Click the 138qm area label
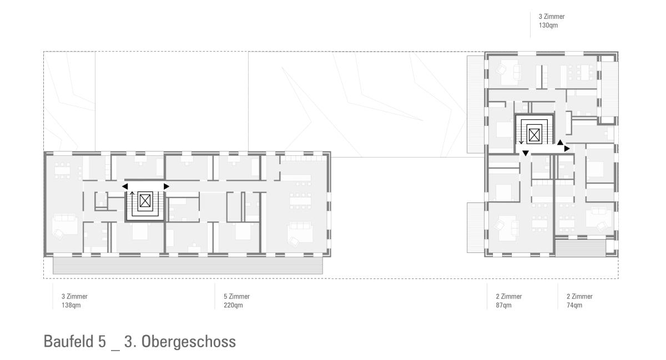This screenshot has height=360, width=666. [x=71, y=305]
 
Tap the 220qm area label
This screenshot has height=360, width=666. [x=233, y=305]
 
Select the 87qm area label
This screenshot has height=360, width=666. [x=504, y=305]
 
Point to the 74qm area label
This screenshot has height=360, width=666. [x=574, y=305]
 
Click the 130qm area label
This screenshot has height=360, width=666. [x=548, y=26]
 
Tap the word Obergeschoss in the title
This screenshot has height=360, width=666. [x=189, y=341]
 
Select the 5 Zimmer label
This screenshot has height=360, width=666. [x=236, y=296]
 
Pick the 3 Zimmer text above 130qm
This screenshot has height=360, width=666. [x=552, y=17]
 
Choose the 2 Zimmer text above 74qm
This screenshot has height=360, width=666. [x=579, y=296]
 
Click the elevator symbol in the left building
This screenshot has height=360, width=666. [x=145, y=201]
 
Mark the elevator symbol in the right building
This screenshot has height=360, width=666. [x=534, y=135]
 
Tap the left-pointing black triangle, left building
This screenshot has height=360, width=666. [x=125, y=186]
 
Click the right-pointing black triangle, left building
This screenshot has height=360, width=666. [x=167, y=186]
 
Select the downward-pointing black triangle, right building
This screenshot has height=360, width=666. [x=526, y=153]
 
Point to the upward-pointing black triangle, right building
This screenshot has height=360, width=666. [x=560, y=143]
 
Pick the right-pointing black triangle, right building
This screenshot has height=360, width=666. [x=567, y=148]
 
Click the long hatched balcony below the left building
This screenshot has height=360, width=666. [x=188, y=266]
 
